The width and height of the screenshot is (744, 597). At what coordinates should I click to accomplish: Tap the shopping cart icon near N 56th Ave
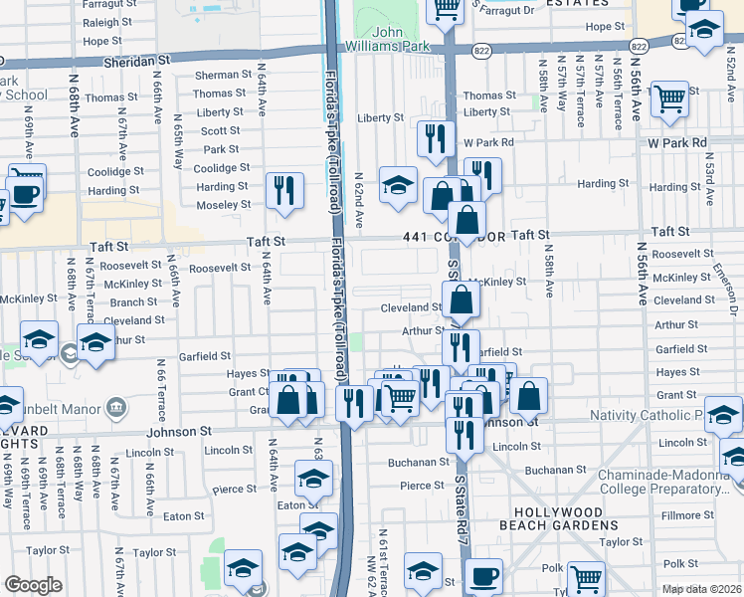pyautogui.click(x=671, y=99)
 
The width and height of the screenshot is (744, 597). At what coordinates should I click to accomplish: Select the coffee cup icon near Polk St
pyautogui.click(x=483, y=576)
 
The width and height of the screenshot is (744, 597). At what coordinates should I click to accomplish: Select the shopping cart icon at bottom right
pyautogui.click(x=587, y=577)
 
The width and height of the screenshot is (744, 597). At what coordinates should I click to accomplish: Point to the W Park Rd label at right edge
pyautogui.click(x=675, y=142)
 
